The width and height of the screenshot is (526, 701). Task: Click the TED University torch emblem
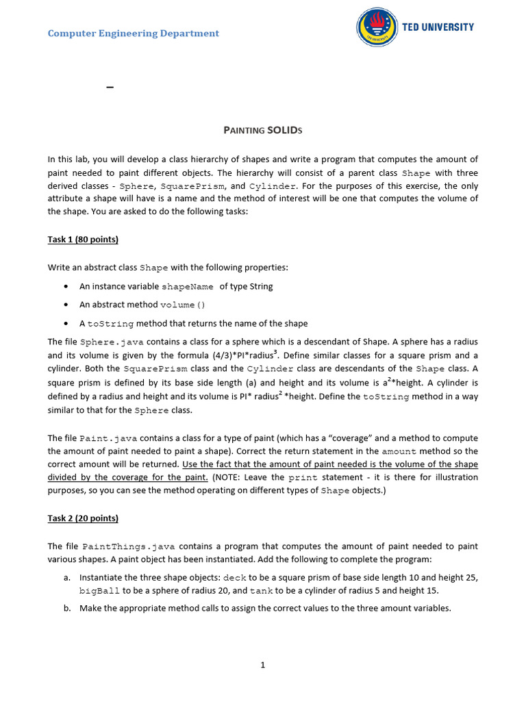(377, 28)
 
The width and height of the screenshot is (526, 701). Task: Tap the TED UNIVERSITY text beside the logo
(438, 27)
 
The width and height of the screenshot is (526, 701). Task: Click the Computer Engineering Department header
(134, 34)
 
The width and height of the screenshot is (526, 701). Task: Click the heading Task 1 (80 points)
(83, 240)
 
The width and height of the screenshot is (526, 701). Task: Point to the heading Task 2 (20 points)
(83, 518)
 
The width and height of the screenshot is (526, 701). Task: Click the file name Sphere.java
(112, 342)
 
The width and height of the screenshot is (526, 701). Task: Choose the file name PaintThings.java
(129, 547)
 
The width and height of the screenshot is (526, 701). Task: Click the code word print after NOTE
(303, 477)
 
